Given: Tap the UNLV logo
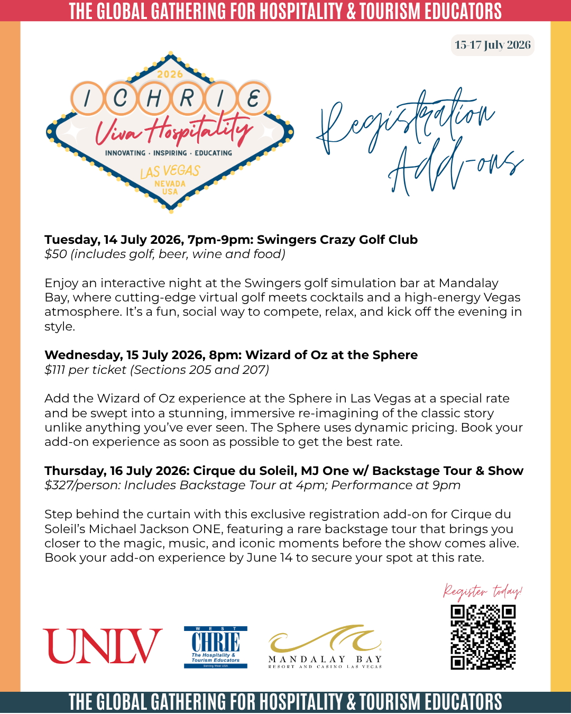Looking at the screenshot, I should tap(103, 646).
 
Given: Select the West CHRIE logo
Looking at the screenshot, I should tap(215, 647).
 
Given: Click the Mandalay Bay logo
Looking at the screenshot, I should tap(325, 647).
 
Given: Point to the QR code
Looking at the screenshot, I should tap(483, 637).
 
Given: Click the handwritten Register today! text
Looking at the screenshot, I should tap(482, 591).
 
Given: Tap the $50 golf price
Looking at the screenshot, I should tap(56, 254).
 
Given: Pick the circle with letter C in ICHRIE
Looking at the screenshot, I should tap(121, 98).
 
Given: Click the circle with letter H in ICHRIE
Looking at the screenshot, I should tap(154, 98).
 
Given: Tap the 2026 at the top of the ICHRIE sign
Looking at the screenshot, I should tap(170, 74).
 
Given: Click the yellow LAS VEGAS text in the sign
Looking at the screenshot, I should tap(170, 171).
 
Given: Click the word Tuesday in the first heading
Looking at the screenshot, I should tap(72, 240).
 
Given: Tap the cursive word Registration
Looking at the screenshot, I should tap(407, 122).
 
